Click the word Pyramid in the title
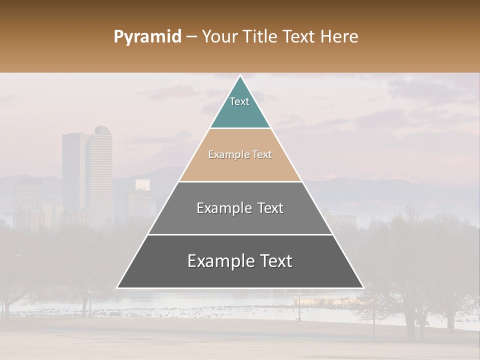coord(147,37)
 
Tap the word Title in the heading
coord(261,37)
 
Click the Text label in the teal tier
coord(239,101)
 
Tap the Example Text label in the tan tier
coord(240,154)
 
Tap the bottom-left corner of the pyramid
coord(117,288)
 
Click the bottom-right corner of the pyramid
coord(363,288)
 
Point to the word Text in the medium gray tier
coord(269,208)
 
